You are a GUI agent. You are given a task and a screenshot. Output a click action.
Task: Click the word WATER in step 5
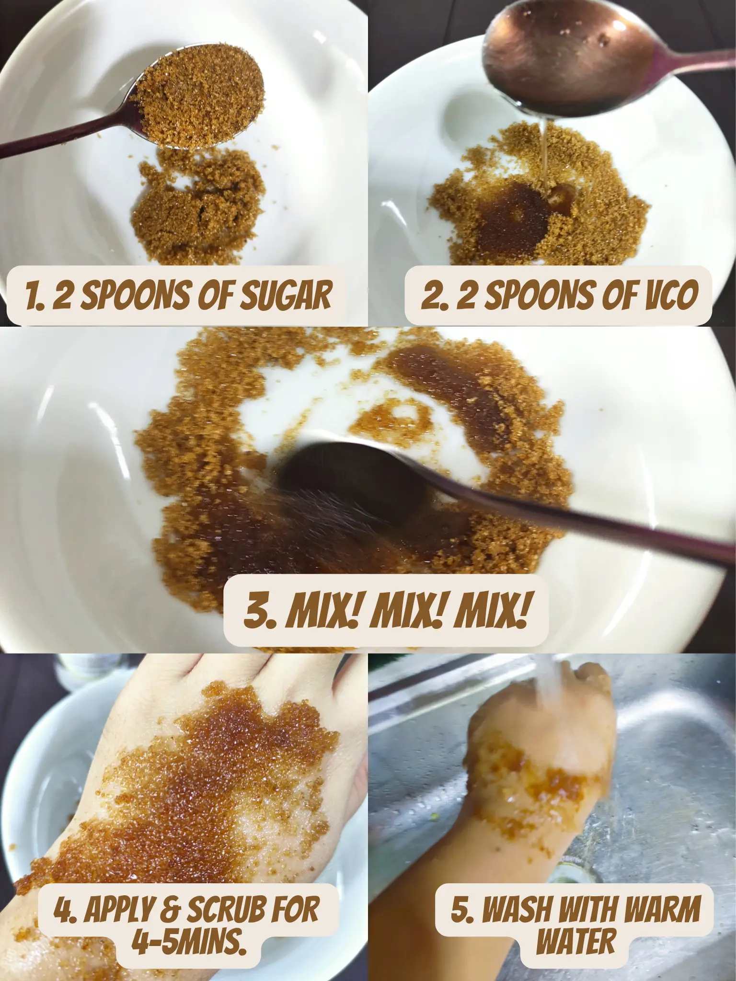point(575,928)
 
